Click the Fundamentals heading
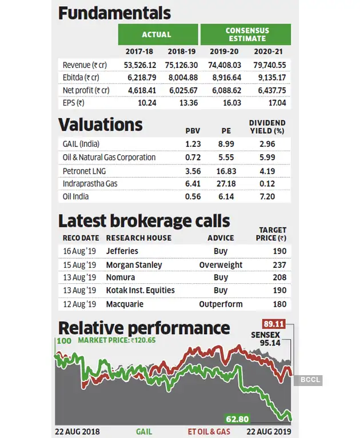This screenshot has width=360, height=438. [x=115, y=13]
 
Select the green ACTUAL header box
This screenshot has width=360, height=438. [x=157, y=34]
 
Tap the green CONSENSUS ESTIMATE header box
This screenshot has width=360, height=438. [x=246, y=34]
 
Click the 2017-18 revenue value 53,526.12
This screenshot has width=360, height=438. [x=140, y=65]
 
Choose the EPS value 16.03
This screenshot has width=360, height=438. [x=227, y=103]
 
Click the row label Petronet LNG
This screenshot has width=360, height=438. [x=84, y=171]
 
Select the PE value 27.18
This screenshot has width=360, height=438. [x=226, y=183]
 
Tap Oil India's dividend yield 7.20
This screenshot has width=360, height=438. [x=267, y=196]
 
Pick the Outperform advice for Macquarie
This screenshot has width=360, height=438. [x=221, y=304]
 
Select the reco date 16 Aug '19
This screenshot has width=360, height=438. [x=79, y=251]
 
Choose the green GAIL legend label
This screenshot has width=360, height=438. [x=144, y=432]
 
